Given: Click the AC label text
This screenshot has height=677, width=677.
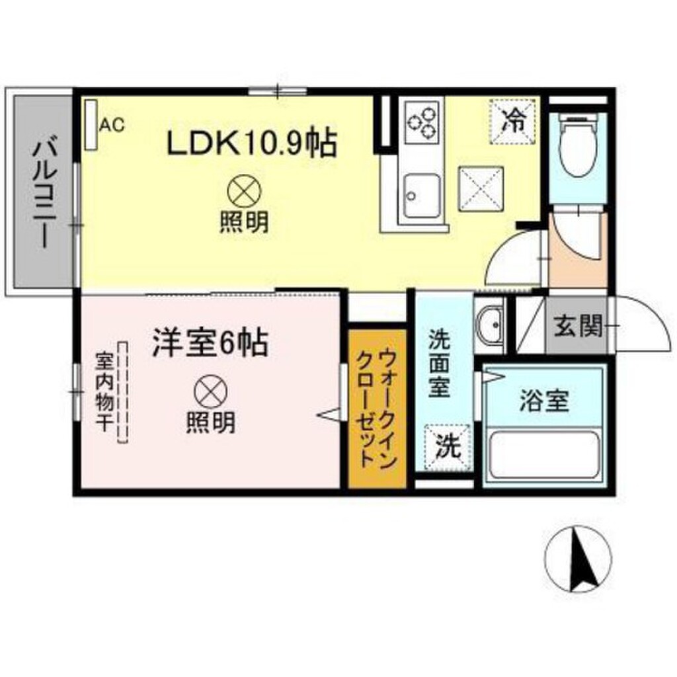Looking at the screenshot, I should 112,124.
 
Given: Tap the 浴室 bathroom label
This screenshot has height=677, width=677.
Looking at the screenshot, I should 544,401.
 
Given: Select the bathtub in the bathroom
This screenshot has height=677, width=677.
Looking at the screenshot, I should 543,456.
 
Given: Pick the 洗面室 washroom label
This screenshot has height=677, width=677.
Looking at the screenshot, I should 440,365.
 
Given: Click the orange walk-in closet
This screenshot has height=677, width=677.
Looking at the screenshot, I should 377,410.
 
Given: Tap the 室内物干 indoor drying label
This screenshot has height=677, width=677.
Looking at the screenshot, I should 103,391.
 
